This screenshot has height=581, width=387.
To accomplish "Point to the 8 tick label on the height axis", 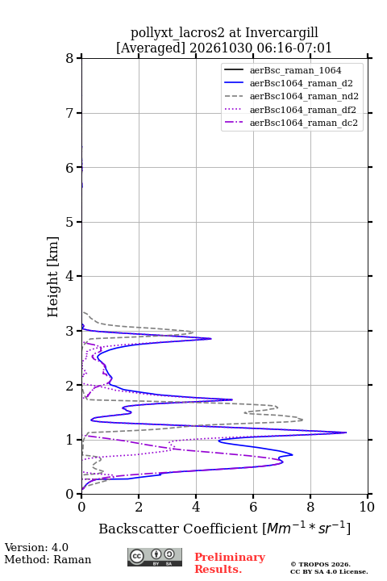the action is point(70,58).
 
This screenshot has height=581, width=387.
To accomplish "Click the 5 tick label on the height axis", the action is point(70,222).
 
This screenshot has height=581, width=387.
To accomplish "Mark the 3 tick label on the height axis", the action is point(70,331).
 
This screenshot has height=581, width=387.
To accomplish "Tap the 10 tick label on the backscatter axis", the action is point(367,507).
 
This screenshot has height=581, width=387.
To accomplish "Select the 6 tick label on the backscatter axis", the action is point(253,507).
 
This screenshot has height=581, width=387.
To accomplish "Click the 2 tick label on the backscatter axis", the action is point(139,507).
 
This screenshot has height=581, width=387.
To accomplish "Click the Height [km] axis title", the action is point(53,277).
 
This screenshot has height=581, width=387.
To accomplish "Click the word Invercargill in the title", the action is point(281,33).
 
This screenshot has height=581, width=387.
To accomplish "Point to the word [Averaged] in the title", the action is point(151,48).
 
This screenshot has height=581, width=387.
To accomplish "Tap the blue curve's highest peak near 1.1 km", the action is point(346,433).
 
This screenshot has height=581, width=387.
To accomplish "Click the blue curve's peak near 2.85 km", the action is point(210,338).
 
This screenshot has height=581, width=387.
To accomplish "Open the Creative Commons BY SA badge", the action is point(155,557).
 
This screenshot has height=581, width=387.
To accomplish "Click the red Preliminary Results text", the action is point(230,563).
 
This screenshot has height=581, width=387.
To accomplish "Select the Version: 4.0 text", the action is point(36,547).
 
